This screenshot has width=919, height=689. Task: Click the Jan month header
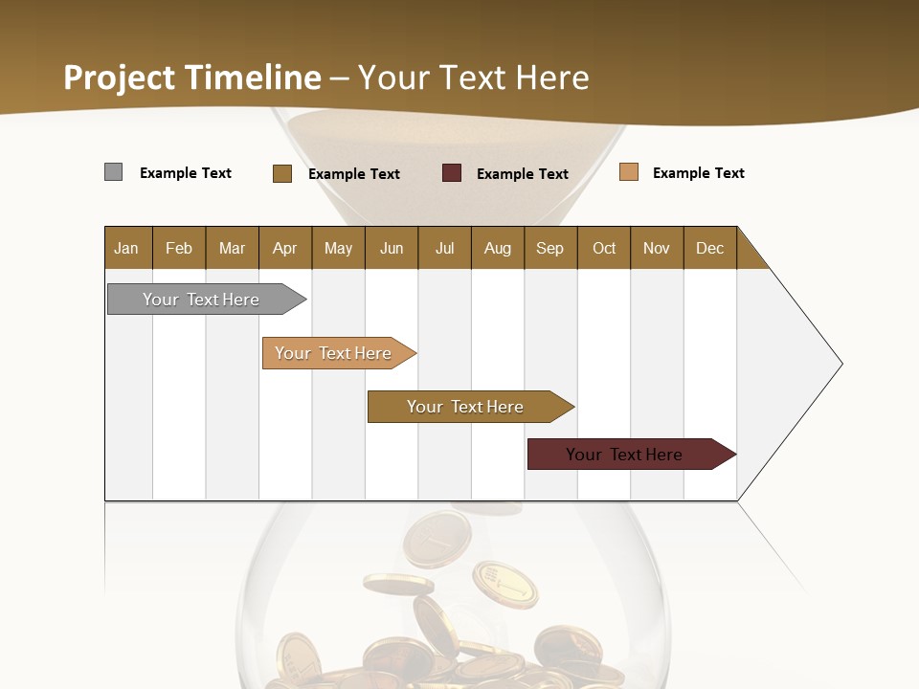[x=126, y=248]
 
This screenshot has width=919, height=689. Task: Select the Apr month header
[x=284, y=248]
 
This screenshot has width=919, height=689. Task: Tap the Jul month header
[x=444, y=248]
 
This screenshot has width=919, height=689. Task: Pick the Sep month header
[x=549, y=248]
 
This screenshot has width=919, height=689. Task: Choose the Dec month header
[x=709, y=248]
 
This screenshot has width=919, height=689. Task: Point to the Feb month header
[x=179, y=248]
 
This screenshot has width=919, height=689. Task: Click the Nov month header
[x=657, y=248]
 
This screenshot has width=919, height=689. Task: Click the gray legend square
[x=113, y=172]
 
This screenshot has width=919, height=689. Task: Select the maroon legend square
[x=452, y=173]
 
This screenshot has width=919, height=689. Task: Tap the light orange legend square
[x=629, y=172]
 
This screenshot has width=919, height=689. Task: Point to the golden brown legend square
[x=282, y=173]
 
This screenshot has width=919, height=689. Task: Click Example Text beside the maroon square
[x=523, y=174]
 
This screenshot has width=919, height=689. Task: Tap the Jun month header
[x=392, y=248]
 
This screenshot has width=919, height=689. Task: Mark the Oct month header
[x=604, y=248]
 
